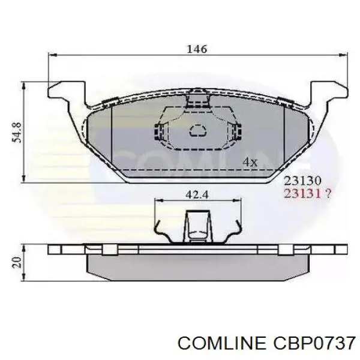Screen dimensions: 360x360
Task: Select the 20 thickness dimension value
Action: coord(16,262)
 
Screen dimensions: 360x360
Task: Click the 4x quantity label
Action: coord(250,162)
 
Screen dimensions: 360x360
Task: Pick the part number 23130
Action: coord(304,180)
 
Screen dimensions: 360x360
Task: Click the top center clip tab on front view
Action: coord(196,98)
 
